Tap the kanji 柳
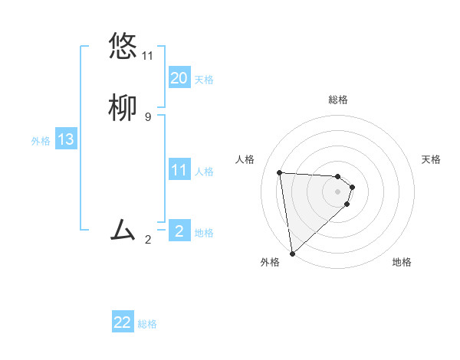(123, 109)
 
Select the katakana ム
(123, 229)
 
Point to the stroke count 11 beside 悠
(147, 56)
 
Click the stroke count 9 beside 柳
(147, 117)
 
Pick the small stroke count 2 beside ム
(147, 240)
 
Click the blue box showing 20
(179, 78)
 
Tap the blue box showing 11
(179, 170)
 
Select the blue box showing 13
(65, 139)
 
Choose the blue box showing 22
(123, 322)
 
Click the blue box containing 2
(179, 231)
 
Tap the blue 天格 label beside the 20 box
(204, 80)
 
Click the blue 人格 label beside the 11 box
(204, 172)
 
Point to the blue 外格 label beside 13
(41, 141)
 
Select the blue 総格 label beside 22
(147, 324)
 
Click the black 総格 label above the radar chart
(337, 100)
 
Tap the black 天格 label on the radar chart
(431, 159)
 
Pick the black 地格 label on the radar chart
(402, 262)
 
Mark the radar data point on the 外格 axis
(291, 253)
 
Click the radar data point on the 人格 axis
(280, 172)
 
